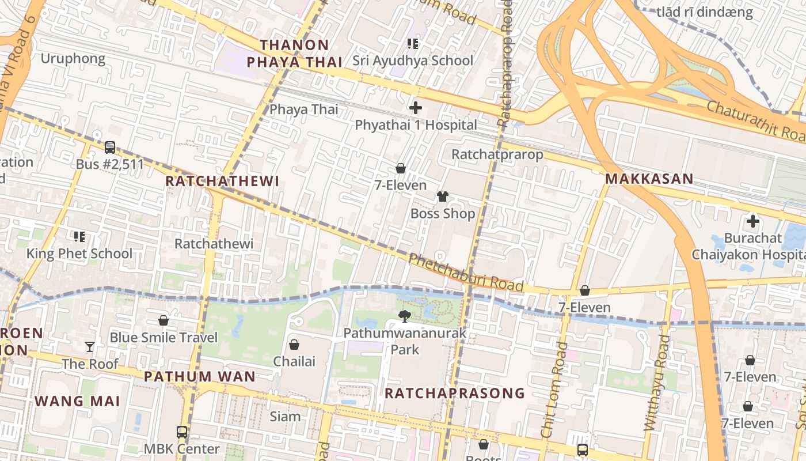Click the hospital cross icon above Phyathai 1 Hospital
[x=415, y=108]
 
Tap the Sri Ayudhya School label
[x=412, y=61]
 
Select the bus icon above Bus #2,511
[x=110, y=148]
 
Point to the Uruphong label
[x=73, y=58]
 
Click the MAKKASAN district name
[x=649, y=179]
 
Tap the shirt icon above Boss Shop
[x=442, y=197]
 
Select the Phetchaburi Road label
[x=466, y=273]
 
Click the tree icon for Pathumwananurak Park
[x=405, y=316]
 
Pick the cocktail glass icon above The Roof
[x=90, y=346]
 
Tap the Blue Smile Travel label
[x=164, y=338]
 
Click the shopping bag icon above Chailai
[x=294, y=345]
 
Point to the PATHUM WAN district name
[x=199, y=377]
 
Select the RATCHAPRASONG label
[x=454, y=393]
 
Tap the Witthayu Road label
[x=656, y=383]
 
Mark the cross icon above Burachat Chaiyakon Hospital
[x=752, y=221]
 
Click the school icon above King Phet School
[x=79, y=236]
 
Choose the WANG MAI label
[x=77, y=401]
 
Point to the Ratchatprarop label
[x=497, y=154]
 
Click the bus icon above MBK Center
[x=182, y=432]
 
